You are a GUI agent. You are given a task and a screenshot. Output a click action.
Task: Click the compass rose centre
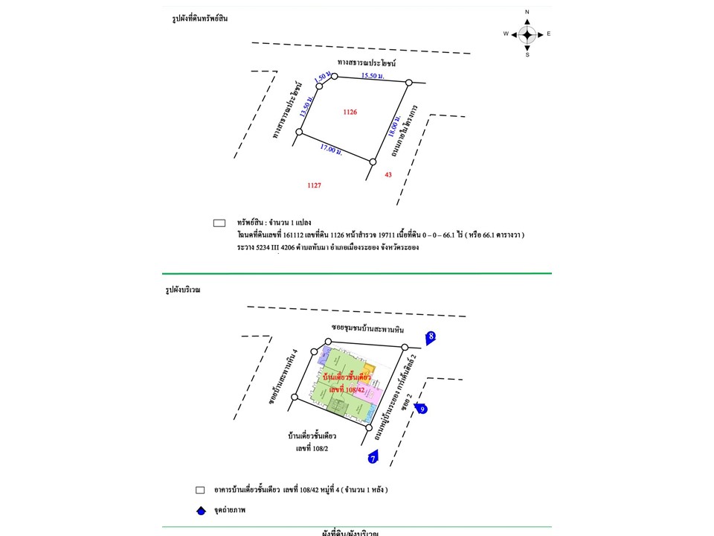coord(527,33)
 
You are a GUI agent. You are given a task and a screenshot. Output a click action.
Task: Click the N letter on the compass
coord(527,13)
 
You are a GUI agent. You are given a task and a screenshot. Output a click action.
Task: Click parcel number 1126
coord(350,112)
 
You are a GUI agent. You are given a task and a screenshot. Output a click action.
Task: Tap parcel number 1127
coord(314,184)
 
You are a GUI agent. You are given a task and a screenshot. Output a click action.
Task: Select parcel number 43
coord(387,175)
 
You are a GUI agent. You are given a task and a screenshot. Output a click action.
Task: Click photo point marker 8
coord(431,337)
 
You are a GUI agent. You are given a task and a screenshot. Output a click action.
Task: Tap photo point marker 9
coord(421,408)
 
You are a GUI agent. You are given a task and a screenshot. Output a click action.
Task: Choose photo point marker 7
coord(373,459)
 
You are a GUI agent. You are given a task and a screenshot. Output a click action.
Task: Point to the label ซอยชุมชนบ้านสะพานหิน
coord(367,328)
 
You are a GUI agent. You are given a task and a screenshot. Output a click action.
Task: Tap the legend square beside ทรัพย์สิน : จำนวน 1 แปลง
coord(219,223)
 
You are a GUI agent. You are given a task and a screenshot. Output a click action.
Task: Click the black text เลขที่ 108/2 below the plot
coord(312,449)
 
